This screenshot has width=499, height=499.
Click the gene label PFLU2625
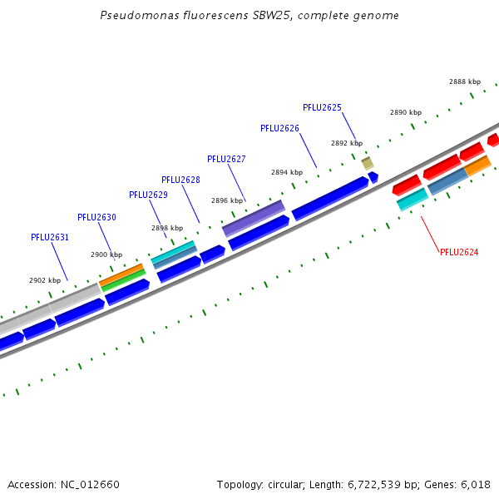pyautogui.click(x=322, y=107)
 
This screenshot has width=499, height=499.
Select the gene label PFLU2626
pyautogui.click(x=279, y=128)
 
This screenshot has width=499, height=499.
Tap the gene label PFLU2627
pyautogui.click(x=226, y=159)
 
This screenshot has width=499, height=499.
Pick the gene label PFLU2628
pyautogui.click(x=180, y=180)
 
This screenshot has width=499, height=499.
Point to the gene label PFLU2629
pyautogui.click(x=148, y=195)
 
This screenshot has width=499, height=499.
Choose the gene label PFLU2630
pyautogui.click(x=96, y=217)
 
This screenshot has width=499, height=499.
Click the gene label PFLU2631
pyautogui.click(x=50, y=237)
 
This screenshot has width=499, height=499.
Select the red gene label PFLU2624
pyautogui.click(x=459, y=252)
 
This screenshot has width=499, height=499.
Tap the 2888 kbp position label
pyautogui.click(x=465, y=82)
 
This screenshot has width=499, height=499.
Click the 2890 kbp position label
pyautogui.click(x=406, y=112)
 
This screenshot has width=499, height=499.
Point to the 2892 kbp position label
pyautogui.click(x=347, y=143)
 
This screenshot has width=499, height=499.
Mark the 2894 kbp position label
pyautogui.click(x=287, y=172)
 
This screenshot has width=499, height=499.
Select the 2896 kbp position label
pyautogui.click(x=227, y=200)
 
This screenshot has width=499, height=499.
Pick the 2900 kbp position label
pyautogui.click(x=106, y=254)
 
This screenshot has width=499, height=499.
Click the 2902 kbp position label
pyautogui.click(x=45, y=280)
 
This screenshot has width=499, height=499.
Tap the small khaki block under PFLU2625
pyautogui.click(x=367, y=163)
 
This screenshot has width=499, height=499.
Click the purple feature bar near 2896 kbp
pyautogui.click(x=254, y=218)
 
